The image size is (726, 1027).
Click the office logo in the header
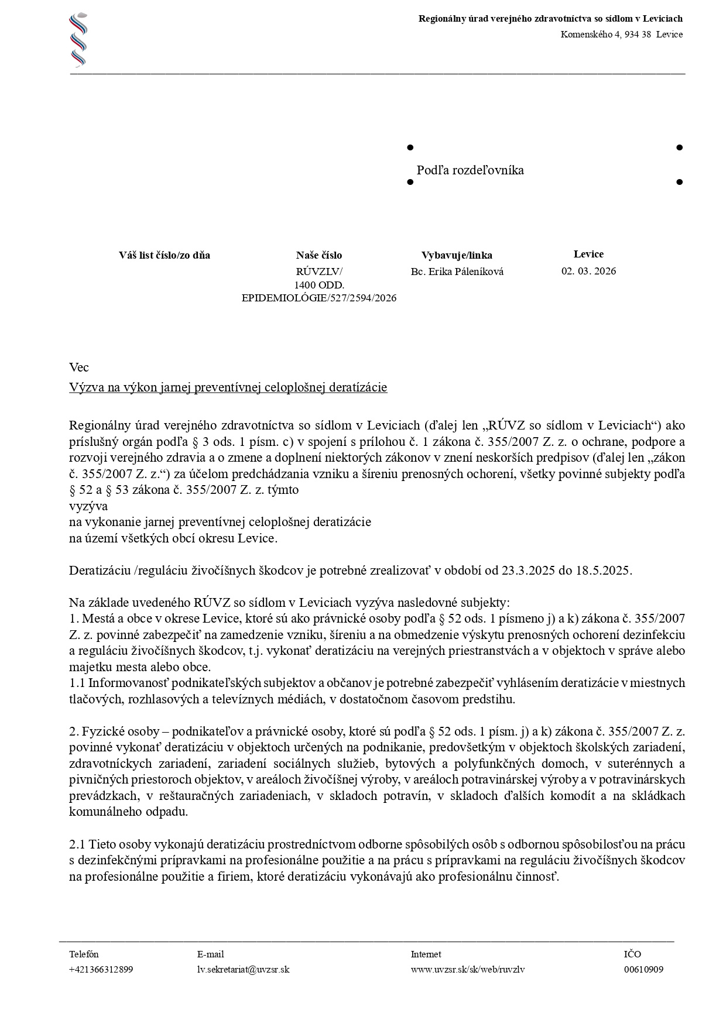pos(78,40)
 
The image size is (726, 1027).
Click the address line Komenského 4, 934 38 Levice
pos(621,35)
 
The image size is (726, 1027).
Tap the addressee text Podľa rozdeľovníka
pos(470,170)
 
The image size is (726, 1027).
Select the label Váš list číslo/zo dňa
pos(165,255)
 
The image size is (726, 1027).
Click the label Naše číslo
pos(319,255)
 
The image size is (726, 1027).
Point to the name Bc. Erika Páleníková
pos(457,272)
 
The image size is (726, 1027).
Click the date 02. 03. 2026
pos(588,271)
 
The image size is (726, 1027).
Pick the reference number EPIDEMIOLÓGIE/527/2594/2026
pos(319,298)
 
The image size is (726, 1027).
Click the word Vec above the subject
pos(79,367)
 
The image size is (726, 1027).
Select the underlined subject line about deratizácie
pos(228,387)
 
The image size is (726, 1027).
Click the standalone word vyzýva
pos(88,506)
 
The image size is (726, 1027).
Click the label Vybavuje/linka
pos(457,255)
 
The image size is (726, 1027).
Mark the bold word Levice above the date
pos(588,254)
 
